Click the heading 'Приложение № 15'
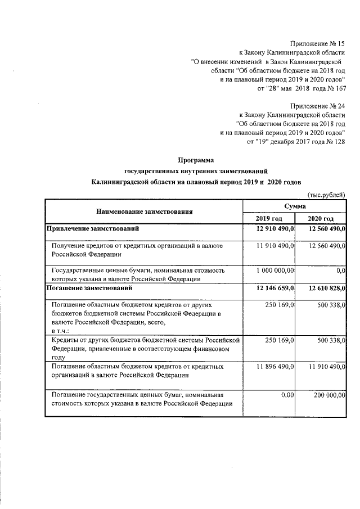click(317, 43)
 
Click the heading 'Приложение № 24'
click(317, 106)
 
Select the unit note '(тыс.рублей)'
click(326, 194)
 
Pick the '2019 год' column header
click(269, 219)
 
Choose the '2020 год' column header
click(321, 219)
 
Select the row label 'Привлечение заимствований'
click(93, 229)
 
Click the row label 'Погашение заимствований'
click(89, 289)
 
